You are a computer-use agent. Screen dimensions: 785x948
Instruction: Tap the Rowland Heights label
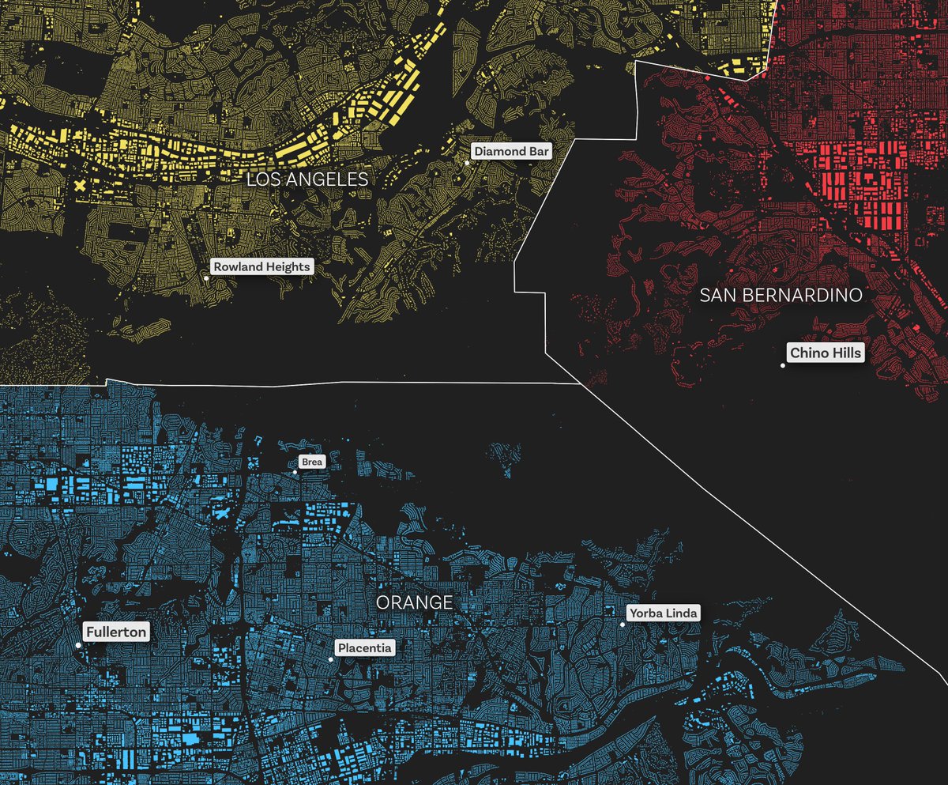coord(261,266)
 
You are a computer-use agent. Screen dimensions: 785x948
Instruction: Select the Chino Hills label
coord(826,353)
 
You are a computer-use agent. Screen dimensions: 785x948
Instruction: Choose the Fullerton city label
coord(117,632)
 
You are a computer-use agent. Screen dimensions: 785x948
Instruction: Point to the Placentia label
coord(364,648)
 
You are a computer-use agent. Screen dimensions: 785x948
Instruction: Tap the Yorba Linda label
coord(663,613)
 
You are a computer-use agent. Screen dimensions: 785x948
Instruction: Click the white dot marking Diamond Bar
coord(467,163)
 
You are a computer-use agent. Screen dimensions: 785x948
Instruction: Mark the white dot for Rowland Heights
coord(206,278)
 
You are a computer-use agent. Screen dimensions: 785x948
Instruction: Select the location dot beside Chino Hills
coord(783,365)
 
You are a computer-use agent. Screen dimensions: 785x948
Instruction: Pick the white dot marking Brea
coord(295,472)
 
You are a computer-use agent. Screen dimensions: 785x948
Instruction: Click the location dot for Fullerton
coord(78,645)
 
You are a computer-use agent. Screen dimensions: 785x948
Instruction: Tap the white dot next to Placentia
coord(330,659)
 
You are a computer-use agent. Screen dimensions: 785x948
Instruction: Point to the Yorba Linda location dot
coord(623,625)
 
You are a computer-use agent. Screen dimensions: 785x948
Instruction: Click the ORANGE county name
coord(414,602)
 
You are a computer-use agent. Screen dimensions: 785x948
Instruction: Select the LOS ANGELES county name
coord(307,179)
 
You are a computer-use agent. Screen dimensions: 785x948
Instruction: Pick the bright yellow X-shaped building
coord(80,187)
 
